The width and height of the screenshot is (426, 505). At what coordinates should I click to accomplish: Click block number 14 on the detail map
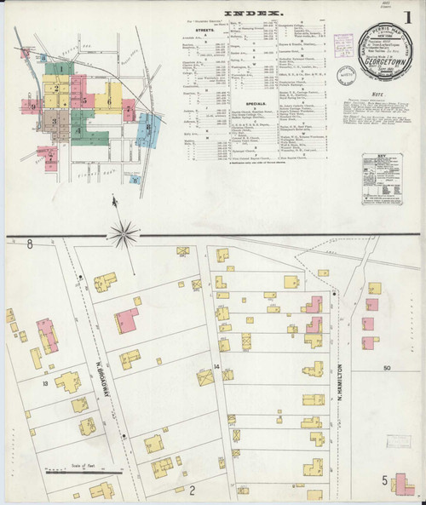(217, 366)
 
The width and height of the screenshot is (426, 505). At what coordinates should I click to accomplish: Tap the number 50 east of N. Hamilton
(389, 367)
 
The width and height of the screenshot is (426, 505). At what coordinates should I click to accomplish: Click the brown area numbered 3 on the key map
(54, 120)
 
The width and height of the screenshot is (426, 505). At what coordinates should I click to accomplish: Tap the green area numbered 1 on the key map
(60, 68)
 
